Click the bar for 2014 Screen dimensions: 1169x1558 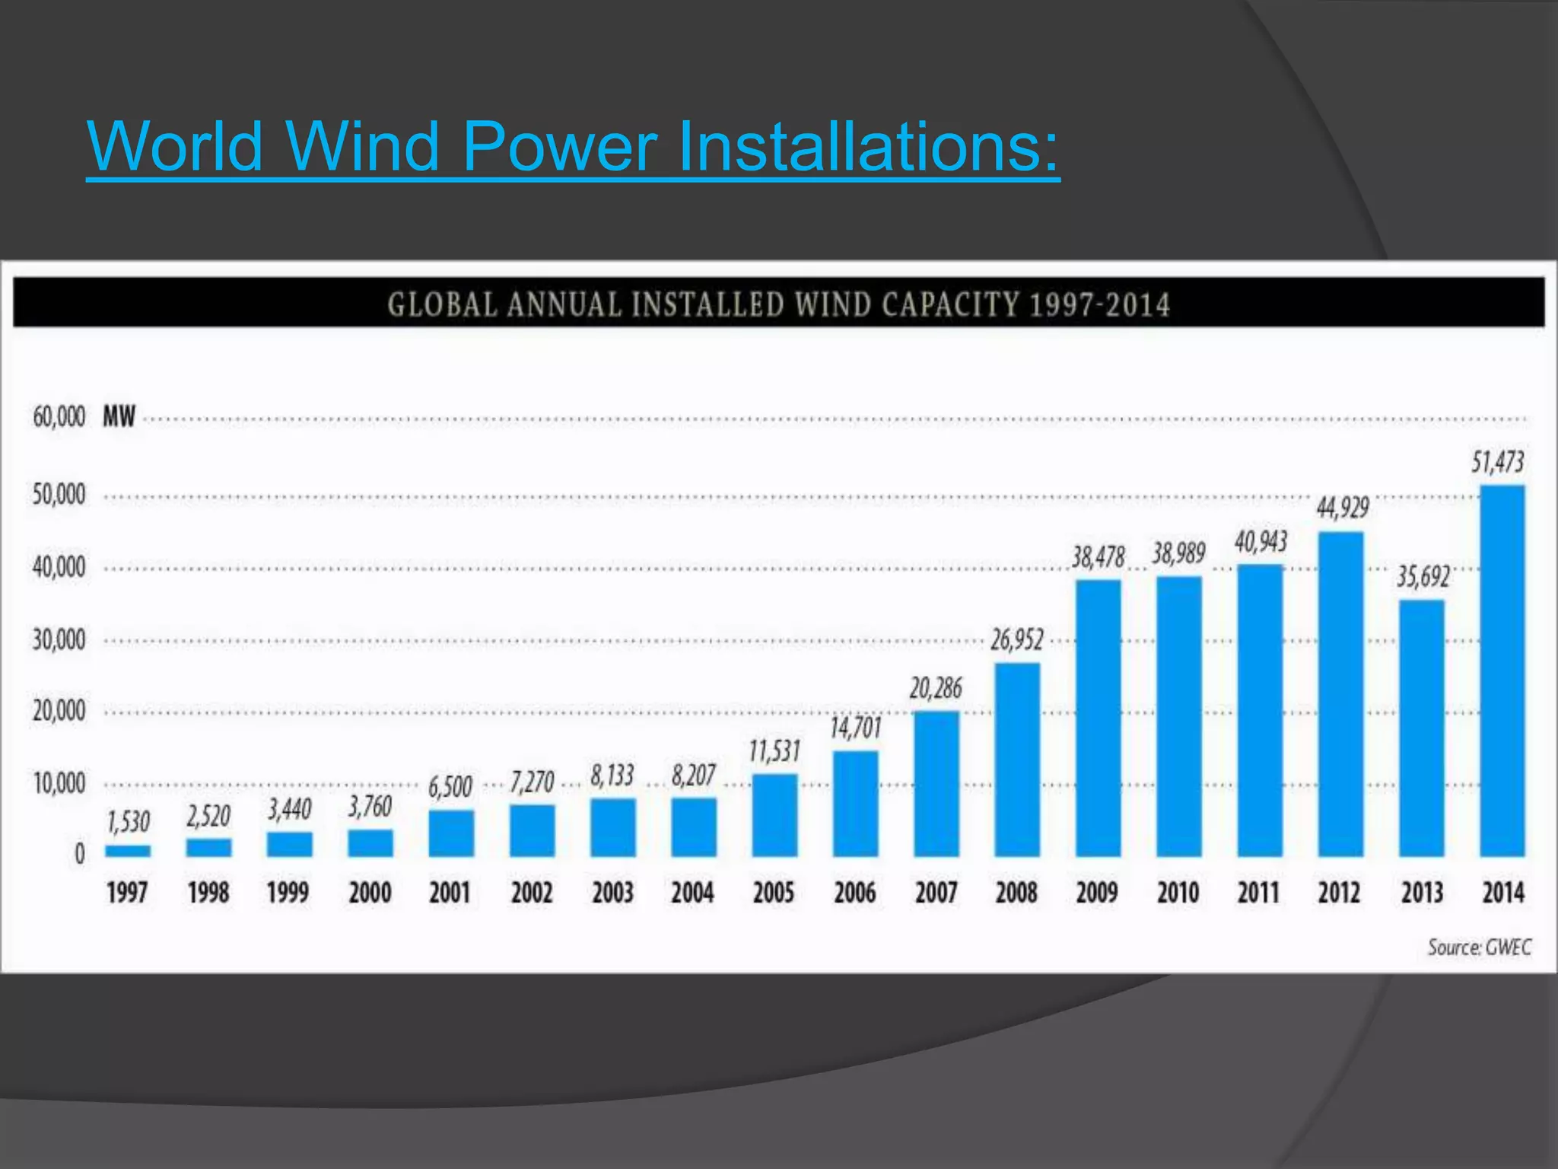(1502, 670)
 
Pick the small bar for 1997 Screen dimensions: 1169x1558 (128, 850)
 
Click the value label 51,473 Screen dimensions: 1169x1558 (1497, 462)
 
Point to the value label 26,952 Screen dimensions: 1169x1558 (1016, 639)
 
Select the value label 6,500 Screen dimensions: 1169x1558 (450, 786)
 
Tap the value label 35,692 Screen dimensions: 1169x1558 (1423, 576)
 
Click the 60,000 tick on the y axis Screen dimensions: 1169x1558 (59, 417)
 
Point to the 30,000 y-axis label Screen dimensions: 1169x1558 (59, 640)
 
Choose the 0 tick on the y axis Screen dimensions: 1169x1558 (79, 854)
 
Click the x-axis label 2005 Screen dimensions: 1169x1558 (774, 892)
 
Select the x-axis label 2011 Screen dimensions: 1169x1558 (1258, 892)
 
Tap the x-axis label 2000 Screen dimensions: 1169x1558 (370, 892)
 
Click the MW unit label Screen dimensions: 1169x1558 (119, 417)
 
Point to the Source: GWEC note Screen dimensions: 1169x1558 (1479, 948)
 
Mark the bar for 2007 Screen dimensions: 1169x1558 (936, 783)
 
